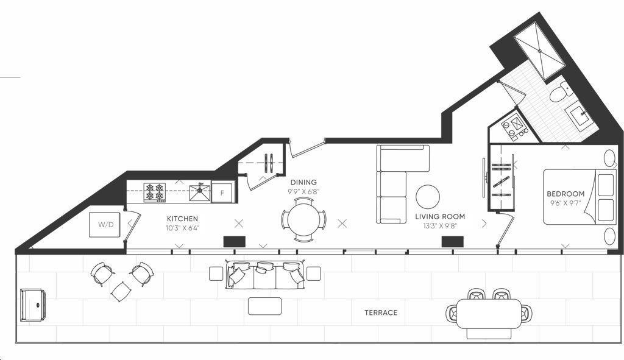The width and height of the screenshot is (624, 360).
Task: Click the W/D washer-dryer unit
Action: (x=104, y=225)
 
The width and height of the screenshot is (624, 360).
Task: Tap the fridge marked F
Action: (x=222, y=193)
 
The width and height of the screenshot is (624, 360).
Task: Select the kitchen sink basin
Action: (x=200, y=192)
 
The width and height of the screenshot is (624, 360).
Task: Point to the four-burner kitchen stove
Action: (x=155, y=192)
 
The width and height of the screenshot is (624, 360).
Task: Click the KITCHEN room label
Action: (x=182, y=219)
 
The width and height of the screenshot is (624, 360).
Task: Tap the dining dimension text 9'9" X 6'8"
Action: (x=304, y=191)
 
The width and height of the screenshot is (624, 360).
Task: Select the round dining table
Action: (x=303, y=219)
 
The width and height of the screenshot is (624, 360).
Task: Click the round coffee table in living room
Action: (x=428, y=197)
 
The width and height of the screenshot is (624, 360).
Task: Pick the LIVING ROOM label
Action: (x=440, y=217)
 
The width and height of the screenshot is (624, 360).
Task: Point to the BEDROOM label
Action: (x=565, y=194)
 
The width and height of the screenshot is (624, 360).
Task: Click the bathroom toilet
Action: (x=561, y=91)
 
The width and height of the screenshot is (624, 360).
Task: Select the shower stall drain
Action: (x=540, y=51)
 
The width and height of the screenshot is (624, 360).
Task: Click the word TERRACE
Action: (x=381, y=312)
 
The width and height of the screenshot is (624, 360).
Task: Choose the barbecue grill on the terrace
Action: (x=33, y=305)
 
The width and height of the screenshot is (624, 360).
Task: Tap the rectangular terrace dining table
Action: (x=488, y=314)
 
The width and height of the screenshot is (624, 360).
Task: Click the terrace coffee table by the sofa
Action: (x=264, y=306)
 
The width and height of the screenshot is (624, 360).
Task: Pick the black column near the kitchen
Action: (x=235, y=242)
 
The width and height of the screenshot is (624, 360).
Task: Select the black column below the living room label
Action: (x=453, y=242)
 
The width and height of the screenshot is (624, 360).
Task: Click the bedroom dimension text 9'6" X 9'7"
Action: (x=565, y=203)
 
